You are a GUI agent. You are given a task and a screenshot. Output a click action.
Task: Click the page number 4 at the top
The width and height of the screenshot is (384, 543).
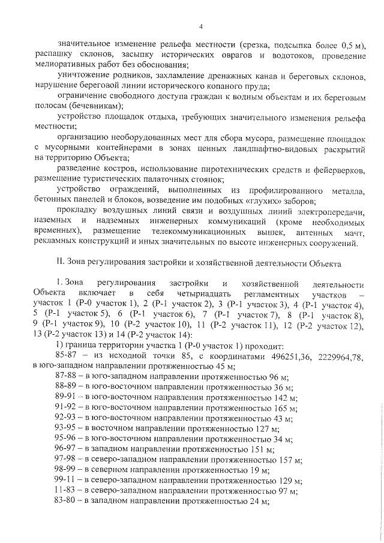pyautogui.click(x=201, y=26)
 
